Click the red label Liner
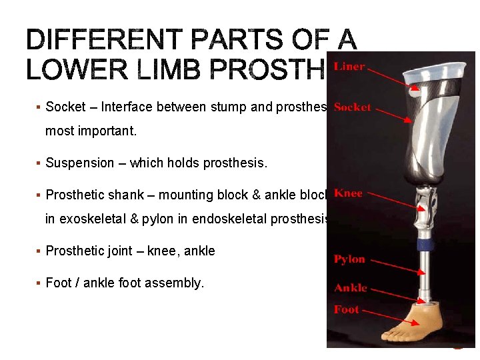point(349,67)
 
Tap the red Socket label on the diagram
point(352,107)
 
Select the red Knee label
point(348,193)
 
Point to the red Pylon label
point(349,259)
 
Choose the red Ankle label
point(350,288)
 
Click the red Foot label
point(346,309)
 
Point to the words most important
point(91,131)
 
